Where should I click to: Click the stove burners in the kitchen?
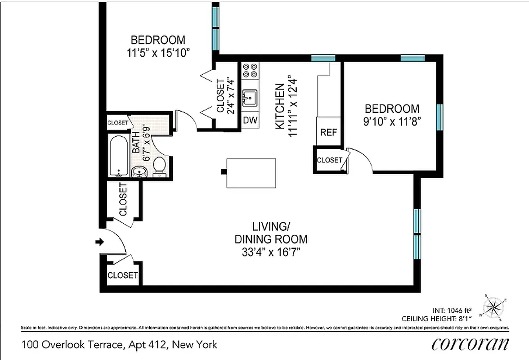point(250,70)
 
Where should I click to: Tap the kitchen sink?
point(250,97)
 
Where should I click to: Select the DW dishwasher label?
point(250,120)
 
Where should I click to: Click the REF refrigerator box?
point(329,132)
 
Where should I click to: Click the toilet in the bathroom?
point(159,168)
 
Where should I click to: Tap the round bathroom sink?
point(139,171)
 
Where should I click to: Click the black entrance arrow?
point(99,242)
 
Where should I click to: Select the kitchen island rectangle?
point(251,173)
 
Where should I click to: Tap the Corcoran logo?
point(470,344)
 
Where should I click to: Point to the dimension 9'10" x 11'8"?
point(392,122)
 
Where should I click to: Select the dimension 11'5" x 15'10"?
point(158,53)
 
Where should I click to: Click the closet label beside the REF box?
point(329,160)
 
